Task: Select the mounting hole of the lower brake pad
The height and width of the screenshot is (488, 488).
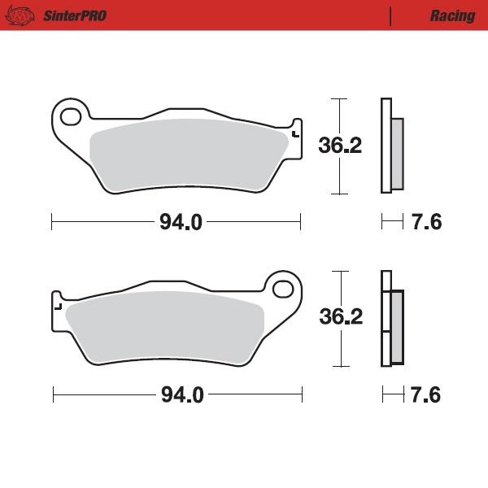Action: pyautogui.click(x=282, y=289)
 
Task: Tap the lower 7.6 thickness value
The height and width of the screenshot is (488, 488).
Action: pyautogui.click(x=426, y=396)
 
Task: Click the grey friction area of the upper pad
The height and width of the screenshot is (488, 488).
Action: pyautogui.click(x=187, y=155)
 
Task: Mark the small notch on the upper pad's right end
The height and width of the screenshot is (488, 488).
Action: pyautogui.click(x=294, y=133)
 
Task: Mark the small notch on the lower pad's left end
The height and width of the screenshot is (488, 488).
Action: pyautogui.click(x=57, y=307)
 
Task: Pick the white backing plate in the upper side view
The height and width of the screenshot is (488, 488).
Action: pyautogui.click(x=386, y=146)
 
